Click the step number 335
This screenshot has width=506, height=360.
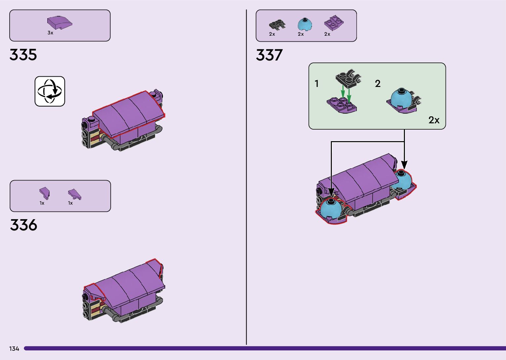tap(23, 55)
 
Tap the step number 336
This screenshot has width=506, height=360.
tap(23, 225)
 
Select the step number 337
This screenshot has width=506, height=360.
tap(269, 55)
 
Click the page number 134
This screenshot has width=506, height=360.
tap(14, 349)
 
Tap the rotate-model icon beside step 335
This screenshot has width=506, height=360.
tap(50, 91)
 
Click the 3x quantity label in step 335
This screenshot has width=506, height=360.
tap(50, 33)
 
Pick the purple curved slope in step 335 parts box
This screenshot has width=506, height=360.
tap(59, 22)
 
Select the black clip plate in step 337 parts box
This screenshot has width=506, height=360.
tap(277, 24)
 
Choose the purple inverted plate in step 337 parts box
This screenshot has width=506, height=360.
tap(333, 22)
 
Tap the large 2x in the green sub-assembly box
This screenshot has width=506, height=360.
tap(434, 120)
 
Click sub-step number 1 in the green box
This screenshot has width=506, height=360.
tap(317, 84)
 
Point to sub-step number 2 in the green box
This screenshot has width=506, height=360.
tap(378, 84)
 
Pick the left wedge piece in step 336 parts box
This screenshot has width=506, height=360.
tap(44, 193)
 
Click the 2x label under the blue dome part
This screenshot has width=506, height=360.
tap(301, 34)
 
